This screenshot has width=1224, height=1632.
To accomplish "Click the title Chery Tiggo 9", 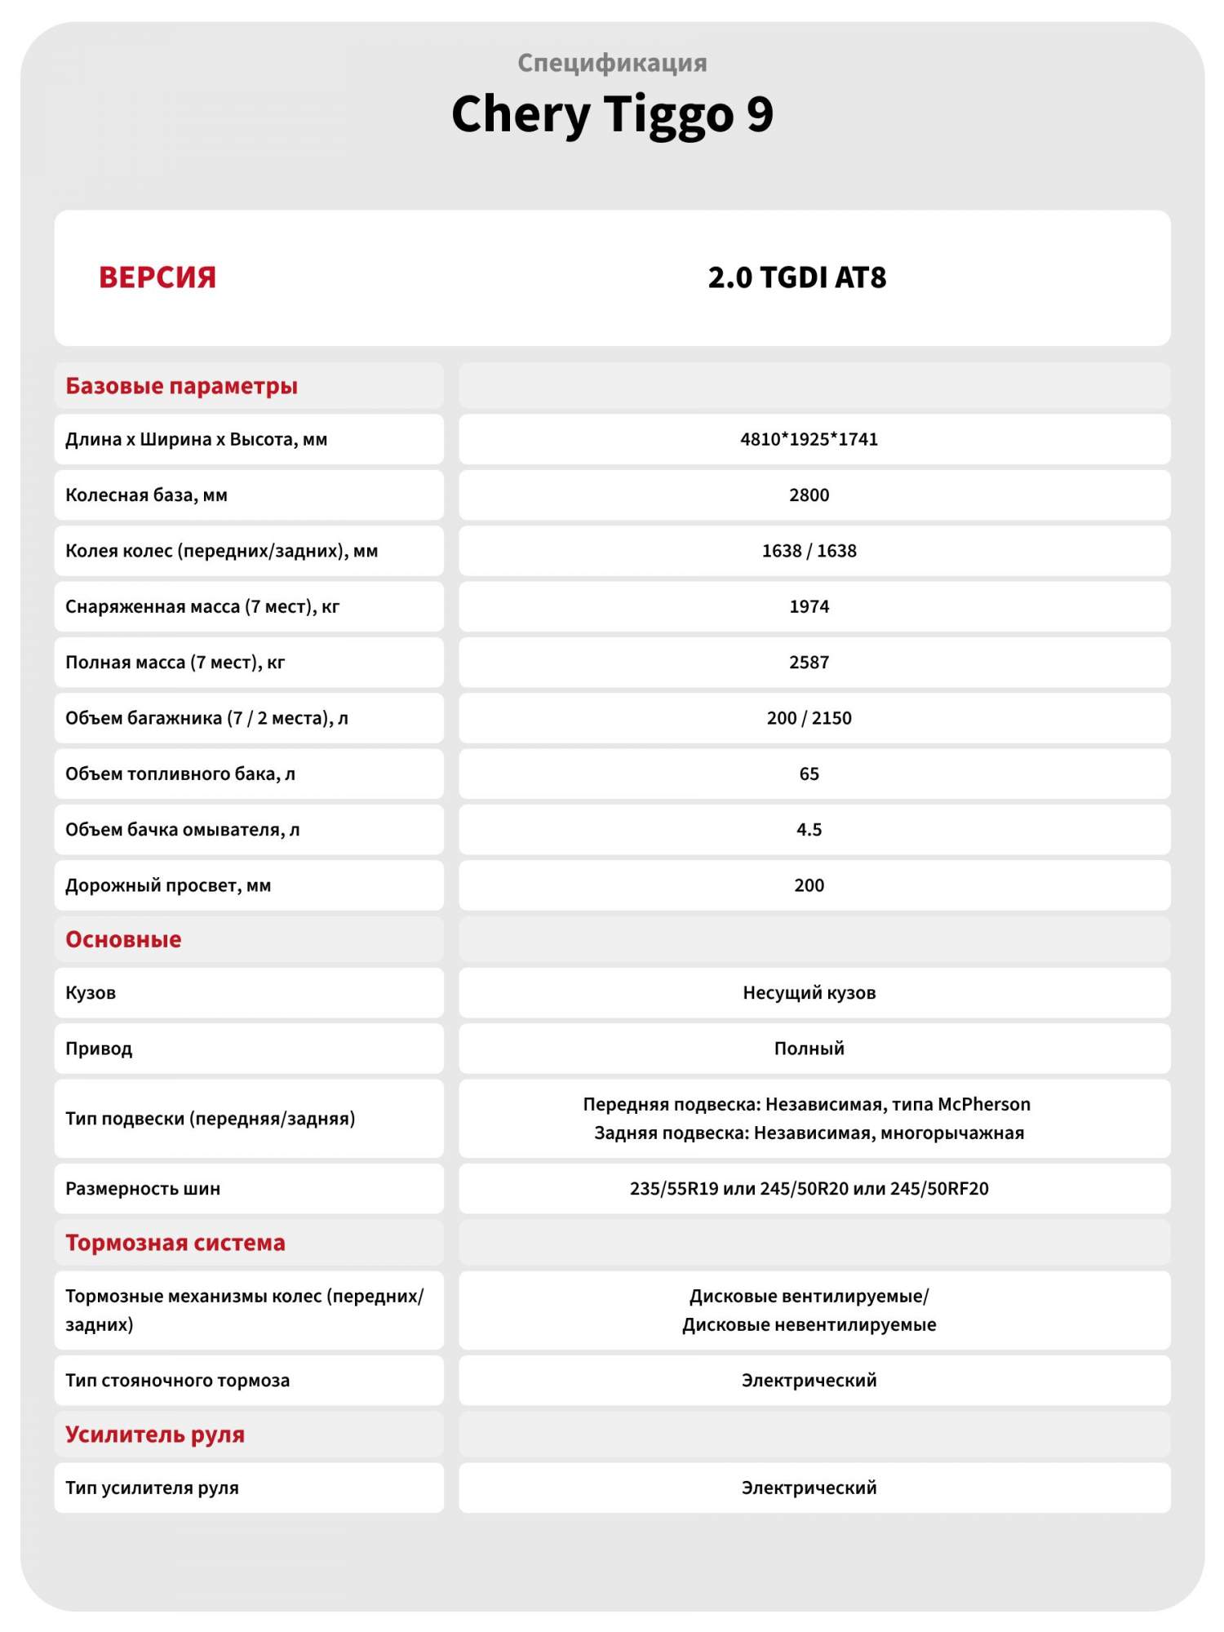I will [x=612, y=114].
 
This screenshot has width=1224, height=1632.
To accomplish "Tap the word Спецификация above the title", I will [x=612, y=63].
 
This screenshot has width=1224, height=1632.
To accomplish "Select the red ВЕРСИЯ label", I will [x=157, y=277].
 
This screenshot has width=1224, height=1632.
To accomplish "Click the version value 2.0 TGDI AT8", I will [x=796, y=277].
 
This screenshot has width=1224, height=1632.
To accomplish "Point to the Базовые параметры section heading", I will [x=181, y=386].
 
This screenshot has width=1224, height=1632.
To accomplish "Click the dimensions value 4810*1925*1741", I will [x=809, y=439].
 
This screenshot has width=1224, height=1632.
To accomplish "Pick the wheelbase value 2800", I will [x=809, y=495].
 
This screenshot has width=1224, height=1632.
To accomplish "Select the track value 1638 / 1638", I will [x=809, y=551].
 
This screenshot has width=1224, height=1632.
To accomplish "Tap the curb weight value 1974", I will [x=809, y=606].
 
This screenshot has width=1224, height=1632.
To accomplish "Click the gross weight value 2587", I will [x=809, y=663].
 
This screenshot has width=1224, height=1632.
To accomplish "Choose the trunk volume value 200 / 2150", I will [x=809, y=718].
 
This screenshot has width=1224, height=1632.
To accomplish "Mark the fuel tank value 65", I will [x=809, y=774].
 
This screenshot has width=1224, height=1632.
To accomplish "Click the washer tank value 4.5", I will [x=809, y=830].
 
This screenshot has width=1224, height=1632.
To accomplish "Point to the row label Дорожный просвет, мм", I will [x=168, y=885].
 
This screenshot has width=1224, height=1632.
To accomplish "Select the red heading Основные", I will [x=123, y=939].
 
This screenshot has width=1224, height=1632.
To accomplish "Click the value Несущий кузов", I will [x=809, y=993].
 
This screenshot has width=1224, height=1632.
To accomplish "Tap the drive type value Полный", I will [x=809, y=1049].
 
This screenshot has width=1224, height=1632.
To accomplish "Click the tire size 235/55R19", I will [x=674, y=1189].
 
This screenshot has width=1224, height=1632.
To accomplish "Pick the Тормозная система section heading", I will [x=175, y=1243].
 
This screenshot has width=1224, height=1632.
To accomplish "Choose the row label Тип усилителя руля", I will [x=152, y=1488].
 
